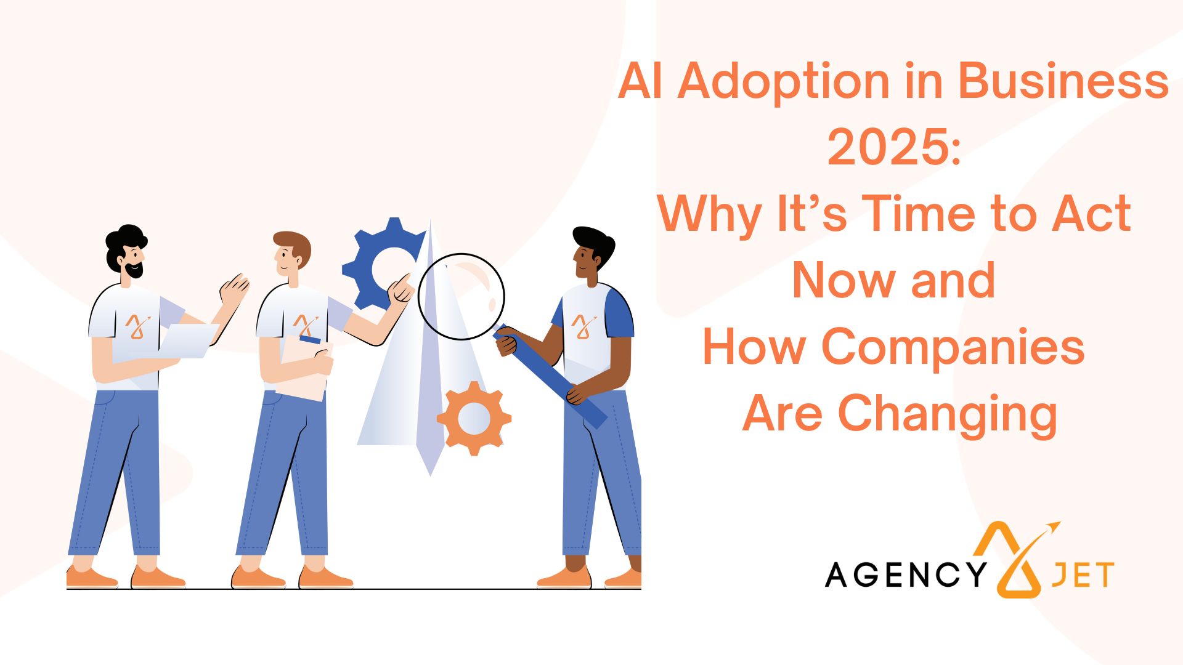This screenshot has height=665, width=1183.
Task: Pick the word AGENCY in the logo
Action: click(906, 574)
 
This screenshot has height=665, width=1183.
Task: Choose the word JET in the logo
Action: click(1083, 575)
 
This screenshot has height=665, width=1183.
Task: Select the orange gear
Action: click(474, 418)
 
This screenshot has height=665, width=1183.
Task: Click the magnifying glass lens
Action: click(461, 296)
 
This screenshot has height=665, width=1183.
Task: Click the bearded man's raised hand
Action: click(234, 289)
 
